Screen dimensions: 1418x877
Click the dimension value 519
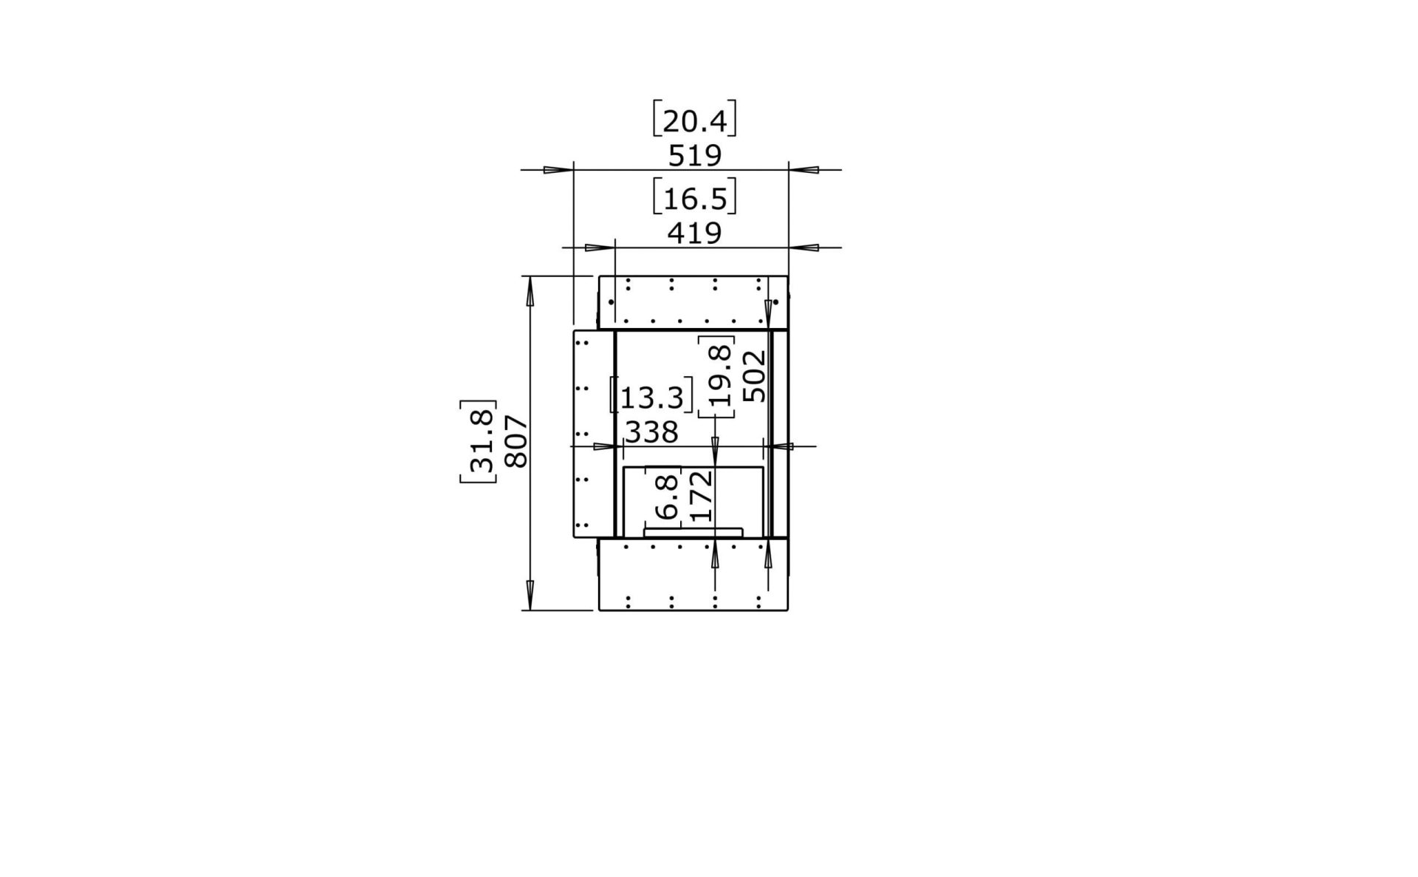point(694,156)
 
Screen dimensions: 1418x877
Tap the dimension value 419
point(694,233)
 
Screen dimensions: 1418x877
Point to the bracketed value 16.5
point(694,199)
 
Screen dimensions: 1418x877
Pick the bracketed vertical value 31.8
point(479,442)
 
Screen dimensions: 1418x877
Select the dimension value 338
point(651,432)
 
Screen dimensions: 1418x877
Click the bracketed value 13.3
point(651,397)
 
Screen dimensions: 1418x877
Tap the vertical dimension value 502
point(754,376)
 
